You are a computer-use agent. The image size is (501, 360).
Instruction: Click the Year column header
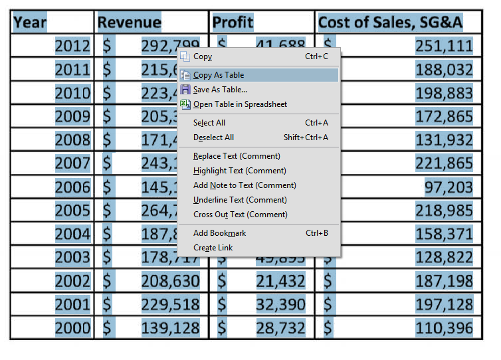[x=31, y=23]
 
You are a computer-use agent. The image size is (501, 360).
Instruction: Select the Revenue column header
[x=130, y=23]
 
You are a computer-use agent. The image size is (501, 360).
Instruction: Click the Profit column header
[x=233, y=23]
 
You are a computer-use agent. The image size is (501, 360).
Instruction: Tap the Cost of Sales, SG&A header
[x=390, y=23]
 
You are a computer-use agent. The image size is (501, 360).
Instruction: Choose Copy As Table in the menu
[x=219, y=75]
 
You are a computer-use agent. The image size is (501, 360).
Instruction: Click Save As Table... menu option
[x=220, y=90]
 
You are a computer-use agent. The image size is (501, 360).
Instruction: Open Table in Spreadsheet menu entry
[x=240, y=104]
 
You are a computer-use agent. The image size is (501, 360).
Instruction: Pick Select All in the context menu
[x=209, y=123]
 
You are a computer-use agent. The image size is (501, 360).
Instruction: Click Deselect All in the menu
[x=213, y=137]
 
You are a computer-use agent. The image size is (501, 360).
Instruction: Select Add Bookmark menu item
[x=219, y=233]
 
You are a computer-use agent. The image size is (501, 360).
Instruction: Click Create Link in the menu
[x=213, y=248]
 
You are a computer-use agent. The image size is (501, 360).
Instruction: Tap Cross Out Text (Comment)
[x=240, y=215]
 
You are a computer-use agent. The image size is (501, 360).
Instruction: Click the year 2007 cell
[x=72, y=163]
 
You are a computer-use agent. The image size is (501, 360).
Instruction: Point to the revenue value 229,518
[x=170, y=304]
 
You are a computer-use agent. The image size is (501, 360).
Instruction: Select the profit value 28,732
[x=280, y=328]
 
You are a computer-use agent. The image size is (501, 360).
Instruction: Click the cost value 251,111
[x=444, y=46]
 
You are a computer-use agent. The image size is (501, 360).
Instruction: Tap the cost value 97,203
[x=449, y=187]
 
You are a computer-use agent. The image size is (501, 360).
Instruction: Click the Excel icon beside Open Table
[x=185, y=104]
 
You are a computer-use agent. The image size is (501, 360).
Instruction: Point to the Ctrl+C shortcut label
[x=316, y=56]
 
